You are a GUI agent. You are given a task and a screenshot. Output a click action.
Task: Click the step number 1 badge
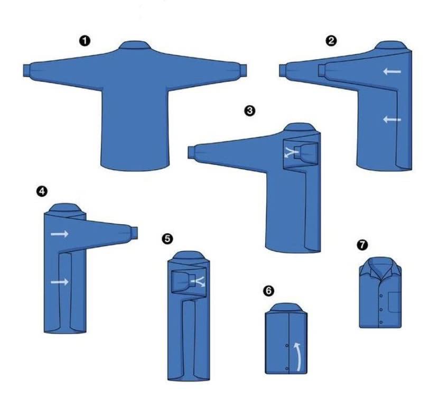pyautogui.click(x=85, y=41)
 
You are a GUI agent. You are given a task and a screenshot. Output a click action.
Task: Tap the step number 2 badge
pyautogui.click(x=331, y=41)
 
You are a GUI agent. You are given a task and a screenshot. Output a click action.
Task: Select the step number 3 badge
pyautogui.click(x=249, y=110)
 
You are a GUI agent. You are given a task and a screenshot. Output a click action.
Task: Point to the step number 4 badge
pyautogui.click(x=42, y=191)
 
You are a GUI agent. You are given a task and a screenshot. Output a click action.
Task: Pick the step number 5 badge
pyautogui.click(x=167, y=239)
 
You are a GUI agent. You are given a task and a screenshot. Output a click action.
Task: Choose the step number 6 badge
pyautogui.click(x=268, y=291)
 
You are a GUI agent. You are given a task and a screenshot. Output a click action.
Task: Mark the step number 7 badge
pyautogui.click(x=362, y=245)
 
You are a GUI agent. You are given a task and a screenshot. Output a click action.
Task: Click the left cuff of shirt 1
pyautogui.click(x=27, y=70)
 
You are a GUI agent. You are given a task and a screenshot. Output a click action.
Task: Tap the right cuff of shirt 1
pyautogui.click(x=242, y=70)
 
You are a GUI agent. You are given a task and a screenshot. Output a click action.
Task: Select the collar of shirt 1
pyautogui.click(x=135, y=45)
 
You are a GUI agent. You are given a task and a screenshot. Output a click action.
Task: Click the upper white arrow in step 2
pyautogui.click(x=392, y=72)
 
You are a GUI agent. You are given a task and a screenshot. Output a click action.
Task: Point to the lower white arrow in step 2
pyautogui.click(x=392, y=119)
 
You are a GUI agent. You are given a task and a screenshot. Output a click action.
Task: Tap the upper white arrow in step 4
pyautogui.click(x=60, y=234)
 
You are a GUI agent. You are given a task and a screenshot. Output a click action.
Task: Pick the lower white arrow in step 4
pyautogui.click(x=60, y=282)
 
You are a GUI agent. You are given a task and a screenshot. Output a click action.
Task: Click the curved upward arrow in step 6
pyautogui.click(x=298, y=356)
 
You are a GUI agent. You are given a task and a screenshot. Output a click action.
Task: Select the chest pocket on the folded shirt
pyautogui.click(x=395, y=302)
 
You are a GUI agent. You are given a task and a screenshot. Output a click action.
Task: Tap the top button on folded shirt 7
pyautogui.click(x=381, y=296)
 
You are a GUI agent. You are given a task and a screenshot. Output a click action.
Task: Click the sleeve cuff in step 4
pyautogui.click(x=134, y=233)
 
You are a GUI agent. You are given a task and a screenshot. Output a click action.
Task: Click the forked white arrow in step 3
pyautogui.click(x=292, y=152)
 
